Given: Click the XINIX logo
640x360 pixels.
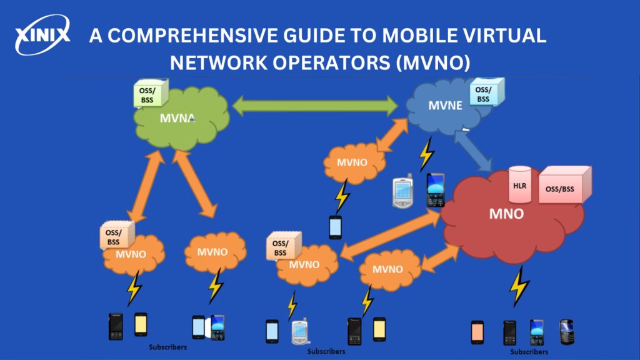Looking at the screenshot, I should point(42,36).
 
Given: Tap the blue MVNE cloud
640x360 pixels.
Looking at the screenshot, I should point(446,106).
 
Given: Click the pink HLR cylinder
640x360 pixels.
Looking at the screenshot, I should point(519,184).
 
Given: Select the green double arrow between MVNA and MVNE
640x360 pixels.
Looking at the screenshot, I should point(315,104).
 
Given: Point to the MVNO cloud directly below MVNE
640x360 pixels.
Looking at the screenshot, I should point(352,162).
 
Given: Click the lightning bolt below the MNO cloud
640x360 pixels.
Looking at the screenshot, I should point(519,287).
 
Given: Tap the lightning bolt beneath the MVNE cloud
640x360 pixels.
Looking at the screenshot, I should point(426,154).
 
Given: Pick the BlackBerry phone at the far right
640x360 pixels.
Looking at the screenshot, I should point(566,332).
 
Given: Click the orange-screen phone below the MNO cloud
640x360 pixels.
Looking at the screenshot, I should point(477,332).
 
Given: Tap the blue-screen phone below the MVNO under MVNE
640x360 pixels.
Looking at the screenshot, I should point(336,227).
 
